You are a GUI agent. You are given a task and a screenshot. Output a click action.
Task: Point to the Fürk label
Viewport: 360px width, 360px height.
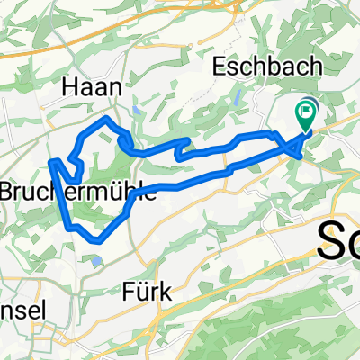coord(147,292)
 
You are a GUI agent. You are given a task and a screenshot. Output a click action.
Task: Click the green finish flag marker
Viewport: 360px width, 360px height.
coord(306,113)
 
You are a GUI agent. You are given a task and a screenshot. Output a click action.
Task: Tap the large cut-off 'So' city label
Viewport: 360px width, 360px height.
coord(340,240)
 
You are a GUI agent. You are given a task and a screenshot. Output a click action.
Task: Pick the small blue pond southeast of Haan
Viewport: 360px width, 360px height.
coord(134,110)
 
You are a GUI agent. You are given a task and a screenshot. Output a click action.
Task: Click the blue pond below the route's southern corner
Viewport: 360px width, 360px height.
coord(94,261)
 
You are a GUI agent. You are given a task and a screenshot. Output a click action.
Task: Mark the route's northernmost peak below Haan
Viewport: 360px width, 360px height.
coord(108,119)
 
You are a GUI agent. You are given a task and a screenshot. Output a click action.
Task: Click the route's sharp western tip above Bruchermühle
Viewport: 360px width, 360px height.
coord(51,161)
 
